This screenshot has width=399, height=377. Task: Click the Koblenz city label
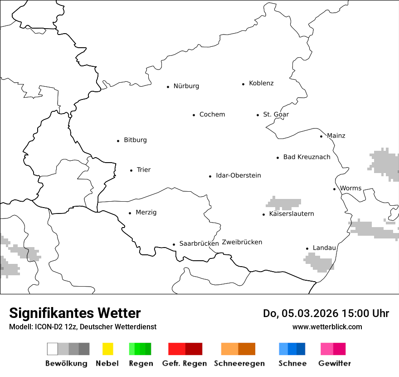pyautogui.click(x=261, y=84)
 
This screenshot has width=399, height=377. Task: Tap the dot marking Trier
pyautogui.click(x=131, y=170)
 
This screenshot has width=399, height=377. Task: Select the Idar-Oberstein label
pyautogui.click(x=238, y=176)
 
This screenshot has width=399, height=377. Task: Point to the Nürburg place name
pyautogui.click(x=186, y=86)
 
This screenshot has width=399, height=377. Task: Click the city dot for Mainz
pyautogui.click(x=321, y=136)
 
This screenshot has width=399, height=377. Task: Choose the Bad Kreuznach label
pyautogui.click(x=307, y=157)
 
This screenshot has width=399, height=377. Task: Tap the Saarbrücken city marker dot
pyautogui.click(x=174, y=244)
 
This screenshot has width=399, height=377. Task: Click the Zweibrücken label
pyautogui.click(x=242, y=242)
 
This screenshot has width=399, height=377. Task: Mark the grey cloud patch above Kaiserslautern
pyautogui.click(x=284, y=203)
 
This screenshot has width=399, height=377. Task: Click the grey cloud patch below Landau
pyautogui.click(x=319, y=262)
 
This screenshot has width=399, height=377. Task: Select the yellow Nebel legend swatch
pyautogui.click(x=107, y=349)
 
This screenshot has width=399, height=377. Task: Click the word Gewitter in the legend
pyautogui.click(x=335, y=363)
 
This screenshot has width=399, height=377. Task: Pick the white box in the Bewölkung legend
pyautogui.click(x=53, y=349)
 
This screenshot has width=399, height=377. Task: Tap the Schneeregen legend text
pyautogui.click(x=239, y=363)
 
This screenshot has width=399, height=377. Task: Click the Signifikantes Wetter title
pyautogui.click(x=75, y=313)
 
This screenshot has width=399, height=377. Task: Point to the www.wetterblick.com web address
pyautogui.click(x=327, y=327)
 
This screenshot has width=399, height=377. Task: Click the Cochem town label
pyautogui.click(x=212, y=114)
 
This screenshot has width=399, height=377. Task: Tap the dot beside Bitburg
pyautogui.click(x=118, y=141)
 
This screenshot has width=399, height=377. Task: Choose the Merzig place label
pyautogui.click(x=146, y=213)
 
